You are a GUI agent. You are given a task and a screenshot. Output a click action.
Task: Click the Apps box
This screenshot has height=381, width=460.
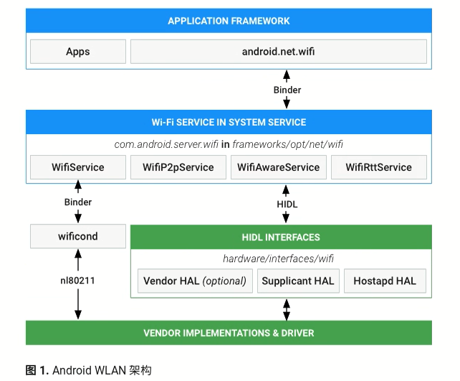point(77,52)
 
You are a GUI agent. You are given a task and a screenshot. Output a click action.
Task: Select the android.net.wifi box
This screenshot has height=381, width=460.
point(278,52)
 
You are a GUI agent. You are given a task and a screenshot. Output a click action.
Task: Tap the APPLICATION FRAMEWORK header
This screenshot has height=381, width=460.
point(229,21)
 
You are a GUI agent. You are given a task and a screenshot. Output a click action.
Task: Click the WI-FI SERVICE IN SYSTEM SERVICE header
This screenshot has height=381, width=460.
point(229,122)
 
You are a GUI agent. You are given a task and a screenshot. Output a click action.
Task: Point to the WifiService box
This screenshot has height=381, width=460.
point(77,167)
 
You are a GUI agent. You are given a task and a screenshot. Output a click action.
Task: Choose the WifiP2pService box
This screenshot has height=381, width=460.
point(178,167)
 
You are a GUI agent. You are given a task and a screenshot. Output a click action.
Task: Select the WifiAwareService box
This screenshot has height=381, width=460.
point(278,167)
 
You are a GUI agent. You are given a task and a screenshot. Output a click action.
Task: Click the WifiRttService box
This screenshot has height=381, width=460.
point(378,167)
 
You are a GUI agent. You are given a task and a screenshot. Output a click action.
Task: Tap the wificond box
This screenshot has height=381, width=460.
point(77,236)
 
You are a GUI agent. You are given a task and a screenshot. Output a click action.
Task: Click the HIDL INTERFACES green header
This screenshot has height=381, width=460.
point(281,237)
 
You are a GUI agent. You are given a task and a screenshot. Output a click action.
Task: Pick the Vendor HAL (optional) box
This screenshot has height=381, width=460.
point(194,281)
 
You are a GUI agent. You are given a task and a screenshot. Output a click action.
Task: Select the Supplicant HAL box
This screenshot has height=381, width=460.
point(297,281)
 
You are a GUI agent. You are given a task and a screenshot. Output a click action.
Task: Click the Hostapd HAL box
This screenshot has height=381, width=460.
point(385,281)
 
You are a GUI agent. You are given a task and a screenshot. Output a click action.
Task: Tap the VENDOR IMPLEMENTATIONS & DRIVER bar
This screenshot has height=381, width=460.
point(229,333)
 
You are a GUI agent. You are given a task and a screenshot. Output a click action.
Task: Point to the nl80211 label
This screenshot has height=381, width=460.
point(77,281)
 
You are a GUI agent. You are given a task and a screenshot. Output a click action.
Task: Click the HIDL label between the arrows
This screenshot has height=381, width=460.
point(287,204)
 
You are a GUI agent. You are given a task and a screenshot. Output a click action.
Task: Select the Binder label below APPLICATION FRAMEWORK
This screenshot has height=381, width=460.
point(287,90)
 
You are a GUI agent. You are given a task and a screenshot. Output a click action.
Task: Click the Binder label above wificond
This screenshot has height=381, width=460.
point(77,202)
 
